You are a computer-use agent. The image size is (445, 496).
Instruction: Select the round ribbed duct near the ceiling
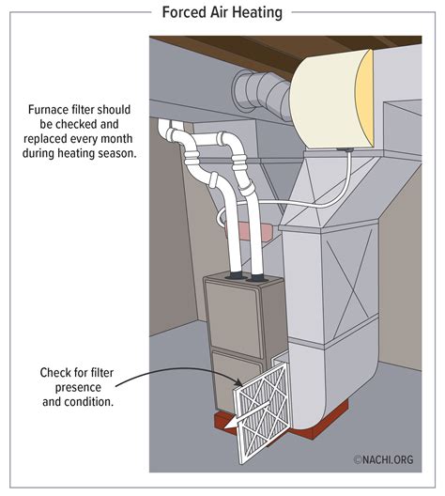click(258, 91)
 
